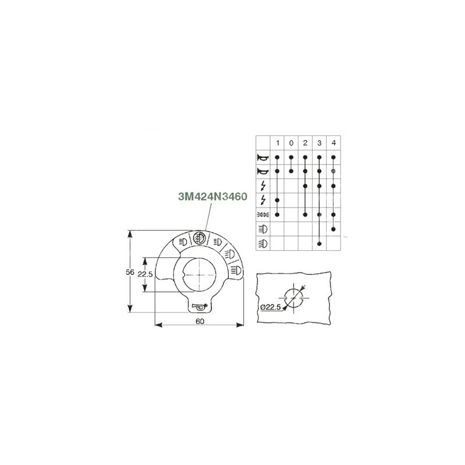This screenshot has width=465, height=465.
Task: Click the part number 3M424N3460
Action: point(213,196)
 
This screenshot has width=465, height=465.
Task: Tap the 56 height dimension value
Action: point(130,272)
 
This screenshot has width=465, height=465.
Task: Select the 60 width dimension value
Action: point(200,321)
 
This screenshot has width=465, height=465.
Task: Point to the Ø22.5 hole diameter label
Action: point(270,307)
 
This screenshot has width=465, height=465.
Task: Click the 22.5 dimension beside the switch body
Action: point(145,274)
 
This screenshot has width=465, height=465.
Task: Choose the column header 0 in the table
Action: point(291,143)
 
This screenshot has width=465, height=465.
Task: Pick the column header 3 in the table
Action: point(319,143)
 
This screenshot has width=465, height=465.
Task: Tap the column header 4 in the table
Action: point(333,143)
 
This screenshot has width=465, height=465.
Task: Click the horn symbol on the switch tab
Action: point(199,307)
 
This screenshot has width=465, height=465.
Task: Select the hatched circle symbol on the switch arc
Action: point(199,238)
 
